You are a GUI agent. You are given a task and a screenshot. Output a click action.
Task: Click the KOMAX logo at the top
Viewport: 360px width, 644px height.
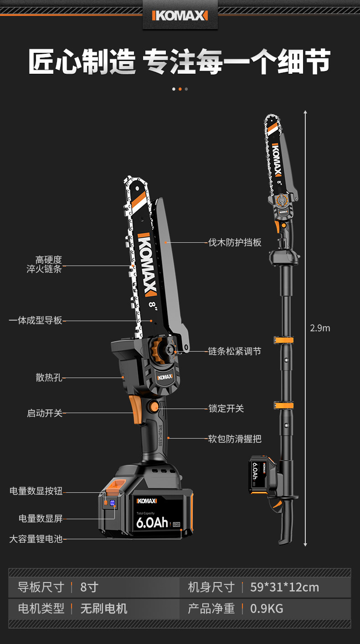click(180, 16)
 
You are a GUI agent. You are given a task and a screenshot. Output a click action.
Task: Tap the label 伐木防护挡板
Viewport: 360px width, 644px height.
click(235, 242)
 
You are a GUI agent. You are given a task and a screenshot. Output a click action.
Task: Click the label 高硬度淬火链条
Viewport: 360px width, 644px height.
click(44, 265)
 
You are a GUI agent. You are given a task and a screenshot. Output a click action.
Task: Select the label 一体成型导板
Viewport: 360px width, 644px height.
click(36, 321)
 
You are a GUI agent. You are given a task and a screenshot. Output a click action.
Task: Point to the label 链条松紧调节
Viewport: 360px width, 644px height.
click(235, 352)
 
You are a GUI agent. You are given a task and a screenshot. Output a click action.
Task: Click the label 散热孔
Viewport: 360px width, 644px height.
click(49, 378)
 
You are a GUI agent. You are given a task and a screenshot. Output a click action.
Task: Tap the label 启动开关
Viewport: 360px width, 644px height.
click(44, 414)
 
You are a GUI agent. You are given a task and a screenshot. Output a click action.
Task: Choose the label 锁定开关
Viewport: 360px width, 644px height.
click(226, 409)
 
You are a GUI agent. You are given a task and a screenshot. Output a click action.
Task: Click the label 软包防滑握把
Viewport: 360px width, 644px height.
click(235, 439)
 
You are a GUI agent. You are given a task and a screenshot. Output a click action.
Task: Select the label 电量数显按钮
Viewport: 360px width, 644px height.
click(36, 491)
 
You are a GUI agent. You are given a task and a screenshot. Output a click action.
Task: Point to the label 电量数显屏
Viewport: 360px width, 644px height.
click(40, 518)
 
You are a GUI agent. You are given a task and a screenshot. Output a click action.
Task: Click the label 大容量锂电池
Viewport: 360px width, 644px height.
click(36, 539)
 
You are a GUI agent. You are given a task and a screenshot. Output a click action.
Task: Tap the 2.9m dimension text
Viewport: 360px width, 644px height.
click(320, 328)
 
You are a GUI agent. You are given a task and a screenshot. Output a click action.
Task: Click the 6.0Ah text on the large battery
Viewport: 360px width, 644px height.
click(152, 522)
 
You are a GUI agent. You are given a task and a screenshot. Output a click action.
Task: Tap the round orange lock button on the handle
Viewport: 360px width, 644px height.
click(154, 407)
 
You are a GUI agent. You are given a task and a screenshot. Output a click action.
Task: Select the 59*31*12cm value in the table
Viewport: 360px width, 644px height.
click(284, 587)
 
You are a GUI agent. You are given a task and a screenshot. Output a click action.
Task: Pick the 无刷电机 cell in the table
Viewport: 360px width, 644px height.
click(103, 608)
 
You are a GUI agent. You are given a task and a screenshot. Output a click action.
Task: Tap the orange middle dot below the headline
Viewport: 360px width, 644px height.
click(180, 89)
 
